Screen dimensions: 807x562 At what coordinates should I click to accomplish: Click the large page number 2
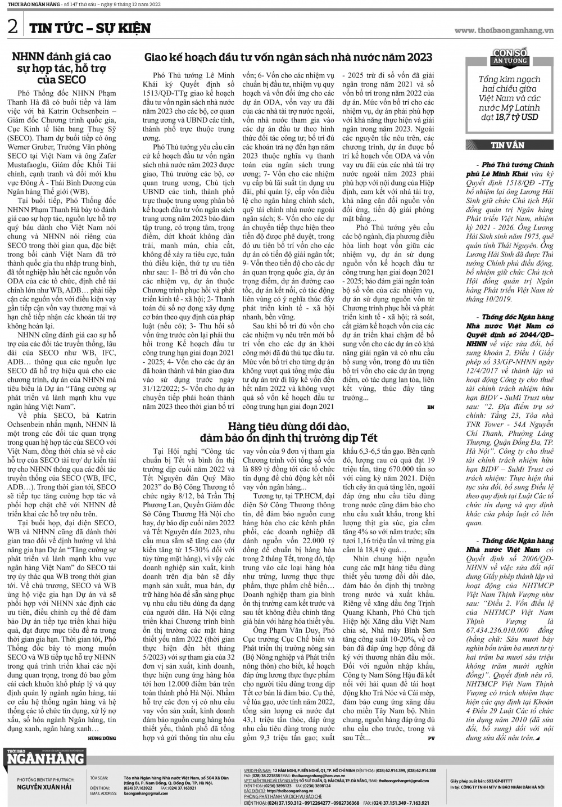12,28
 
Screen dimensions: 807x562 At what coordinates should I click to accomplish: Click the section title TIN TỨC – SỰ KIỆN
90,28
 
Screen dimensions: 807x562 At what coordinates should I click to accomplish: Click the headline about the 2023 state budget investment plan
288,57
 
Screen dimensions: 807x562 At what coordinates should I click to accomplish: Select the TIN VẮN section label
507,145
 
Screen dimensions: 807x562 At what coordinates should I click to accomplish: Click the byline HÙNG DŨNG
102,738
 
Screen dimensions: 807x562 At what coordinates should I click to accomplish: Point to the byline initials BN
430,406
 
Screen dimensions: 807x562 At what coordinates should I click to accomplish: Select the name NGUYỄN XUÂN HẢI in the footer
44,787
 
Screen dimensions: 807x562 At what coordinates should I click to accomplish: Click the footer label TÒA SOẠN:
98,778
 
